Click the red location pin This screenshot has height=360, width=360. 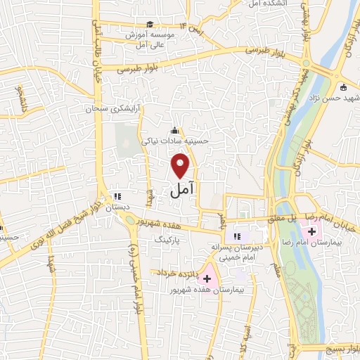click(x=181, y=165)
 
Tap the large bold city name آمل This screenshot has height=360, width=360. click(x=182, y=190)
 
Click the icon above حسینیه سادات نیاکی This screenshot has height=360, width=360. click(x=174, y=130)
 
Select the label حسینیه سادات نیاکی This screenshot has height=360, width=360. click(x=175, y=141)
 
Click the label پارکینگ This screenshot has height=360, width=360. click(x=168, y=240)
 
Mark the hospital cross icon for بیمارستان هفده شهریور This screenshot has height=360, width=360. click(x=207, y=279)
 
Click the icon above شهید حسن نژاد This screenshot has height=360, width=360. click(x=342, y=88)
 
